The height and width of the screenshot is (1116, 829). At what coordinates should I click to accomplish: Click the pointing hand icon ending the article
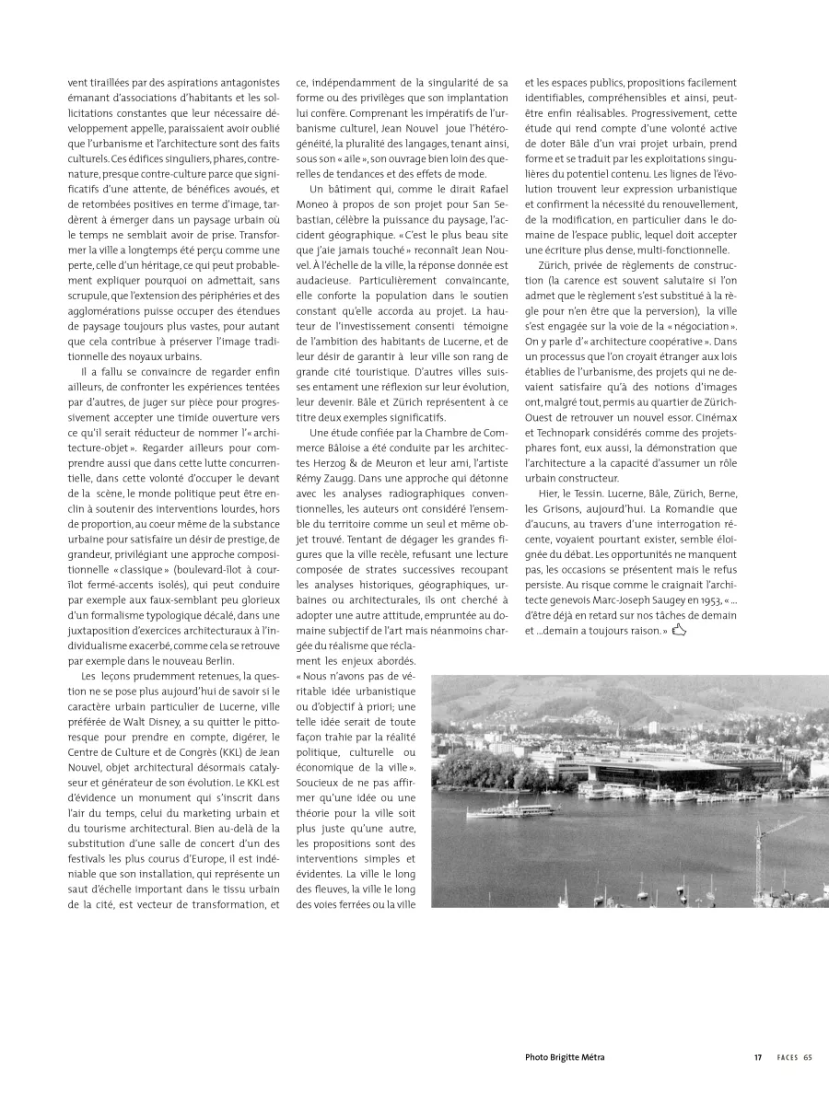[x=680, y=630]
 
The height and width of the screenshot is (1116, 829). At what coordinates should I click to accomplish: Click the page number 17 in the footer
[x=757, y=1057]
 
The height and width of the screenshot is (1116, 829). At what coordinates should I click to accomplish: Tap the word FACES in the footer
[x=786, y=1057]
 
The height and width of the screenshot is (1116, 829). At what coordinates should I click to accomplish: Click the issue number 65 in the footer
[x=808, y=1057]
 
